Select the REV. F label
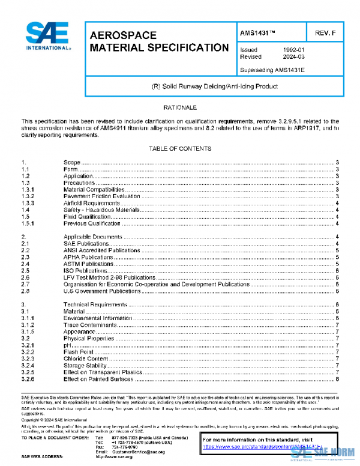point(325,32)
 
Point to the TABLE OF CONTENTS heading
point(180,148)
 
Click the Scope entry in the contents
point(71,163)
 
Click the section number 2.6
point(25,277)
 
